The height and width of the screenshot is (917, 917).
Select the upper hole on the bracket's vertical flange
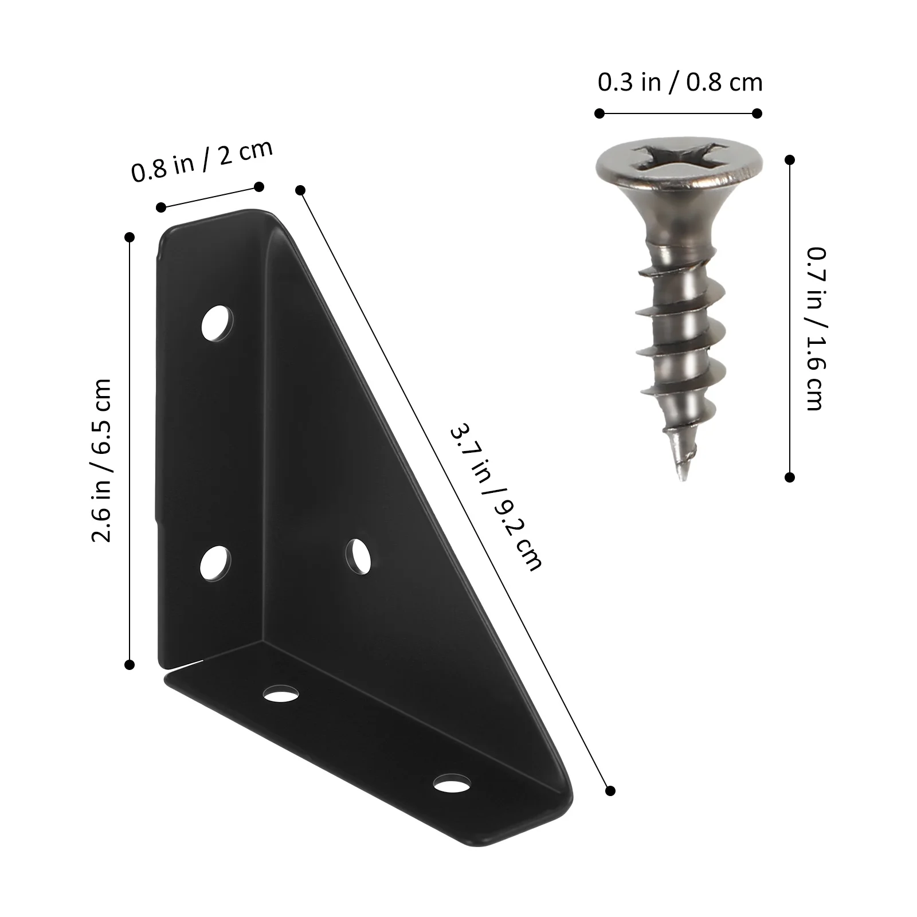point(217,324)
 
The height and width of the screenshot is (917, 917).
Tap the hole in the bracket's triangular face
point(359,555)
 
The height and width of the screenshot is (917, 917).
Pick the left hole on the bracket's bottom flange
point(281,694)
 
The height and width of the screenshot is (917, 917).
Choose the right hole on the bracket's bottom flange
point(452,783)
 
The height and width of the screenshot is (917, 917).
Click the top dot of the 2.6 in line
point(130,237)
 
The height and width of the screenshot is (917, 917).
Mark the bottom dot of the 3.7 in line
point(610,791)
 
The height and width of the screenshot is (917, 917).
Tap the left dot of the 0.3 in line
point(599,113)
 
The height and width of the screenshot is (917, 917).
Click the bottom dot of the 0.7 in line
point(790,477)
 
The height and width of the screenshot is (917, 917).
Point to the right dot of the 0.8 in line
point(258,186)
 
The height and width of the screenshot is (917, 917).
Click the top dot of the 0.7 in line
point(790,160)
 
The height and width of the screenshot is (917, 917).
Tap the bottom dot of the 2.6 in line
point(130,665)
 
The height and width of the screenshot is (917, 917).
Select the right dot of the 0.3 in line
point(757,113)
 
